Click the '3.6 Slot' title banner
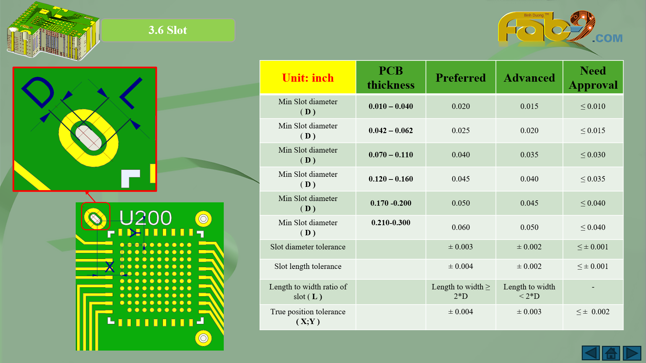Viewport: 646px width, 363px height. [168, 30]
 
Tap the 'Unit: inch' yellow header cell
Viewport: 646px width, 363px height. [308, 78]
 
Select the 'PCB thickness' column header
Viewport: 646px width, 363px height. [391, 78]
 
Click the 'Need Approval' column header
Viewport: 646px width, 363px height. [593, 78]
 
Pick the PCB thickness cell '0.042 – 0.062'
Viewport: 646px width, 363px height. [391, 130]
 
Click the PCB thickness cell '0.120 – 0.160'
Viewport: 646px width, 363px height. [391, 179]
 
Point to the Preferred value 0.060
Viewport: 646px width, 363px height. [461, 227]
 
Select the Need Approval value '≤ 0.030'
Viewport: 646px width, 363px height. [593, 155]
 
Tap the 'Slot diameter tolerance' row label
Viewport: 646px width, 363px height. [308, 247]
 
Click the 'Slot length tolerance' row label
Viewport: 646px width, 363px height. [308, 267]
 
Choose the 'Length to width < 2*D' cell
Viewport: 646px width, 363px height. [529, 291]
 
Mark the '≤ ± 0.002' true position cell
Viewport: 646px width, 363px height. [593, 312]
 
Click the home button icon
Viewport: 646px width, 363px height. [611, 353]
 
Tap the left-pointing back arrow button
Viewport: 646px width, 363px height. [590, 353]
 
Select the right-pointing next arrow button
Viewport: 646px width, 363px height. [632, 353]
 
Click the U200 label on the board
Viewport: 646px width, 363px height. [145, 218]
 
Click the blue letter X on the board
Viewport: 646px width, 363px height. [110, 267]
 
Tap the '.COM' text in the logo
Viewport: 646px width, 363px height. [607, 38]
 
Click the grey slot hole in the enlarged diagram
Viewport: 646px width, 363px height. [88, 138]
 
